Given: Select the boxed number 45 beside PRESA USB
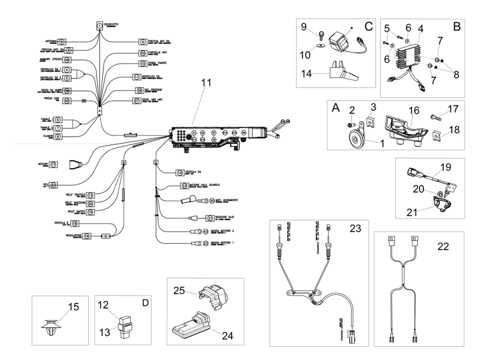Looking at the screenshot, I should click(67, 101).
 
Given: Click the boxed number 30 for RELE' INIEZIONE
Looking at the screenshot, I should click(90, 203).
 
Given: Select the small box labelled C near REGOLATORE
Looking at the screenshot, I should click(105, 235).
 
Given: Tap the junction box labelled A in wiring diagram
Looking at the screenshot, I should click(99, 109).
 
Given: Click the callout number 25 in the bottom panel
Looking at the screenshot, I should click(179, 292).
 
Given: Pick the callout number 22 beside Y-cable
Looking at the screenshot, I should click(443, 246).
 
